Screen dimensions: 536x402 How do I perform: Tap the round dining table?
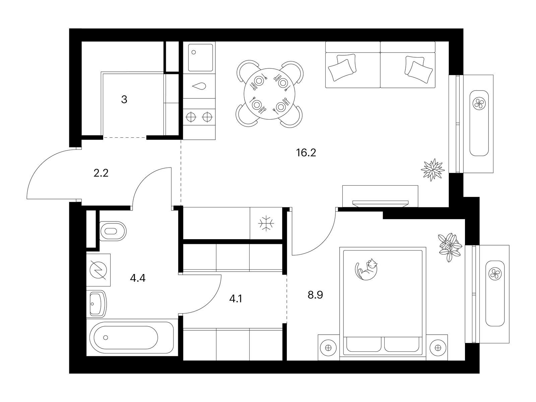tap(269, 94)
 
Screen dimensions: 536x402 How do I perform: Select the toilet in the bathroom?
tap(113, 231)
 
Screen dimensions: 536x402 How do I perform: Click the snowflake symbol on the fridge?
tap(266, 223)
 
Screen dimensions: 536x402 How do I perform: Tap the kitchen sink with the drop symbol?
tap(199, 86)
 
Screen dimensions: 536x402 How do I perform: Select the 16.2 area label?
tap(306, 153)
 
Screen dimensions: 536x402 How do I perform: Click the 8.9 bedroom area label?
tap(315, 295)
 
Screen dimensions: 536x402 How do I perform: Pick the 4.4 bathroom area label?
tap(138, 278)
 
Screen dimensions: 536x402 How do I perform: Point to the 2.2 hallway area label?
tap(101, 173)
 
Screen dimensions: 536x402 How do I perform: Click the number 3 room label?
tap(124, 99)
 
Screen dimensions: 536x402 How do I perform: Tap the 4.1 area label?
tap(236, 299)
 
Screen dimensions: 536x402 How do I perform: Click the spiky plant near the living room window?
tap(433, 170)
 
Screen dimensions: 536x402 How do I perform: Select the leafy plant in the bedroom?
tap(450, 247)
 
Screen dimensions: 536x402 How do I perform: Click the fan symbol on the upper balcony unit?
tap(479, 103)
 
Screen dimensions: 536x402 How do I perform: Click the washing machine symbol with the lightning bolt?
tap(98, 270)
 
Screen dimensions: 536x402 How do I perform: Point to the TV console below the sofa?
tap(380, 196)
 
